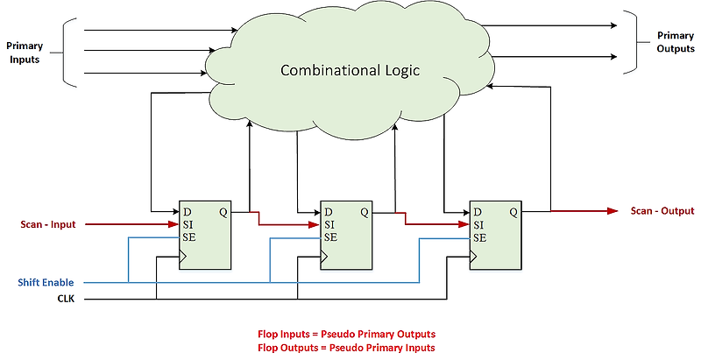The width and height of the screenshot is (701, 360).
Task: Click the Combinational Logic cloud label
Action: point(350,69)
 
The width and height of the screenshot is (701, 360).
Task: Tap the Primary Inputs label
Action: point(25,51)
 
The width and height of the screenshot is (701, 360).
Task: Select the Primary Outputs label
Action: point(676,42)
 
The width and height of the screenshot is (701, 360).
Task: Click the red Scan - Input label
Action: point(49,224)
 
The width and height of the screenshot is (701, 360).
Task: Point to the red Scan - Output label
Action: point(662,211)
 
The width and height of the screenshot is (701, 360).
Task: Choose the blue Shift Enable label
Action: point(46,283)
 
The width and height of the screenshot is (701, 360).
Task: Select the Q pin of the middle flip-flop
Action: point(364,211)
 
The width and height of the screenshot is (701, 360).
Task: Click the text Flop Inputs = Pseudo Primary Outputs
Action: point(346,335)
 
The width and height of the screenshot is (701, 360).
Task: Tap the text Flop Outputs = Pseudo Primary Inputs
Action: point(346,348)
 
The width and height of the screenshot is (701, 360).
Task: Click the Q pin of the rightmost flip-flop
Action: point(513,211)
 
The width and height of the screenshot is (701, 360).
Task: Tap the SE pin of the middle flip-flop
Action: point(330,237)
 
